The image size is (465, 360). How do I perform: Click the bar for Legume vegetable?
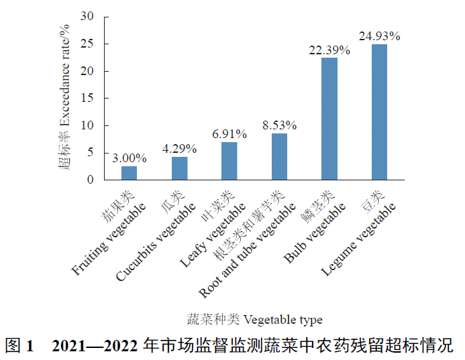(379, 112)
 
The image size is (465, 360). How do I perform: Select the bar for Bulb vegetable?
(329, 119)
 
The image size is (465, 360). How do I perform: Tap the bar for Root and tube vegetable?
(279, 157)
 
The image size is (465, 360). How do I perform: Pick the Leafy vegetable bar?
(229, 161)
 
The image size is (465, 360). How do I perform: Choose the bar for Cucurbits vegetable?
(179, 168)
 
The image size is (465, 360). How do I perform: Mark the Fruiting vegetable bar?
(129, 173)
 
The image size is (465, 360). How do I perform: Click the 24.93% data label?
(379, 36)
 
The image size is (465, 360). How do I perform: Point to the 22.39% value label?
(329, 50)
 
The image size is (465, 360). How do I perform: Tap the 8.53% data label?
(279, 125)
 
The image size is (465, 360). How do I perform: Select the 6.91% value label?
(229, 134)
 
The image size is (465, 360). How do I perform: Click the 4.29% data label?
(179, 149)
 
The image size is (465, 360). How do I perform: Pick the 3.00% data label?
(130, 158)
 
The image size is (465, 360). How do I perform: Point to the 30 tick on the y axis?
(87, 17)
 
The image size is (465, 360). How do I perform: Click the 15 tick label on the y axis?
(87, 98)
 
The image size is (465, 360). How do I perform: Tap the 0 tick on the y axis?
(90, 180)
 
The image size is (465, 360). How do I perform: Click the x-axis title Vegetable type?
(282, 320)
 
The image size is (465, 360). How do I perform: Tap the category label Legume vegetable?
(358, 239)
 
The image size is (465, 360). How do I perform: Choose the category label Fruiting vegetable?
(109, 239)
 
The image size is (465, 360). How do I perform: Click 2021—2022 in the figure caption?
(95, 345)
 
